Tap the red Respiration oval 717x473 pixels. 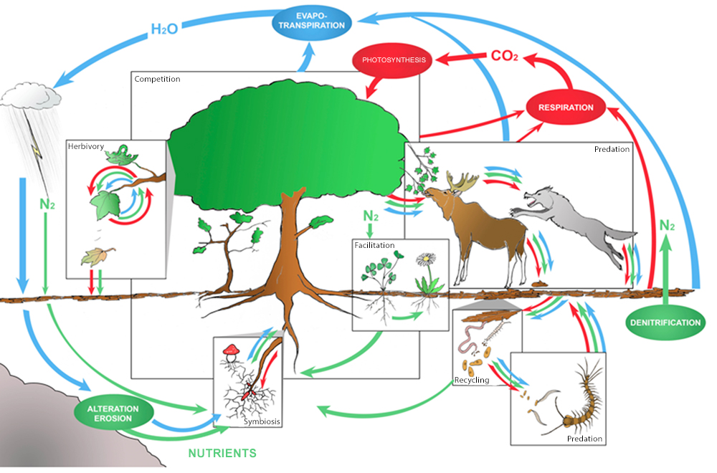pos(566,107)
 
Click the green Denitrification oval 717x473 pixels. pos(665,322)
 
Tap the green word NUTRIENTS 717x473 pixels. pos(222,453)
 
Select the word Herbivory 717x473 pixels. pos(86,146)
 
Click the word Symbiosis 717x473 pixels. pos(260,421)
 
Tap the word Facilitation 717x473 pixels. pos(374,245)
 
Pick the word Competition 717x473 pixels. pos(157,78)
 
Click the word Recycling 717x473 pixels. pos(472,380)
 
